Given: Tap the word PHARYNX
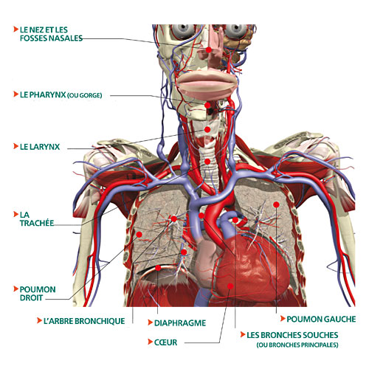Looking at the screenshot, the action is (47, 94).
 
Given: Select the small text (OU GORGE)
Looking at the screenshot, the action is (84, 95).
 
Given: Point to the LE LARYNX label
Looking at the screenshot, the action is (40, 147).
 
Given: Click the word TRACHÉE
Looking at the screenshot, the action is (37, 223).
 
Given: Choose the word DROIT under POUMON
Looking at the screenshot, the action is (31, 297).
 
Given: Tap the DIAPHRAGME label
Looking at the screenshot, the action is (180, 323).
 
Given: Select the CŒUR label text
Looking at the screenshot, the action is (165, 342).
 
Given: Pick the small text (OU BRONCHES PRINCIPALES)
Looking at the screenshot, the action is (297, 345).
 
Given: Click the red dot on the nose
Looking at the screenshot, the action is (209, 50).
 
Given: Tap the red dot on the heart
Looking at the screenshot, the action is (230, 286).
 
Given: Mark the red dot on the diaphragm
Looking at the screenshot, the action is (158, 268).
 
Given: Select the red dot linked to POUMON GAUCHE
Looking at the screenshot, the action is (276, 204).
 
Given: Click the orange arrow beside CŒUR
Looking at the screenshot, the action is (150, 342).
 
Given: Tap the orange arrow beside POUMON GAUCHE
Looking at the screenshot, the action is (283, 319).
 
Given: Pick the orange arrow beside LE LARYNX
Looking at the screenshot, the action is (15, 146).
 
